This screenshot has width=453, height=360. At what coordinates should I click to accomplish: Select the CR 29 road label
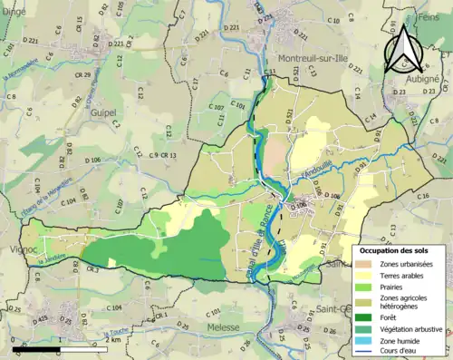click(x=84, y=75)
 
